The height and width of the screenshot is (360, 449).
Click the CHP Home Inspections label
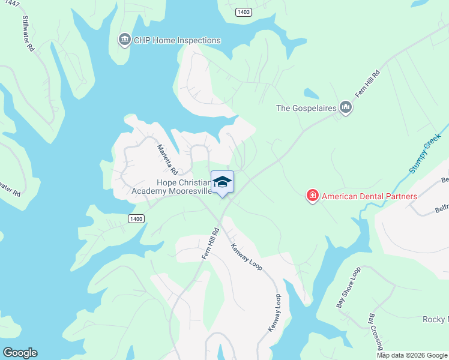[176, 40]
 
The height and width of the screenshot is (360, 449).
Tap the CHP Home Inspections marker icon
[124, 40]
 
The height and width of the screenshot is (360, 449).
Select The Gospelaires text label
[305, 109]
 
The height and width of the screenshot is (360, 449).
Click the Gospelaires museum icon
[345, 108]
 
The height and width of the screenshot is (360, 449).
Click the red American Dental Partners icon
[312, 196]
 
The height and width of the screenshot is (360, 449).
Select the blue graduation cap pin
[222, 182]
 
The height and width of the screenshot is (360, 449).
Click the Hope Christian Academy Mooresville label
[172, 187]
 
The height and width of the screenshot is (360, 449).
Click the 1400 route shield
[136, 219]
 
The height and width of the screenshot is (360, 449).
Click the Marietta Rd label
[164, 160]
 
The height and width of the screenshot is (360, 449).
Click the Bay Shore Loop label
[348, 287]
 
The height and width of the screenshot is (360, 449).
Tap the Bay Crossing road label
[376, 331]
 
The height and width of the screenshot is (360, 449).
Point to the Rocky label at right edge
[435, 319]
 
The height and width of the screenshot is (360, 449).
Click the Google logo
[19, 353]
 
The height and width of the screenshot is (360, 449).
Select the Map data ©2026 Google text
[412, 355]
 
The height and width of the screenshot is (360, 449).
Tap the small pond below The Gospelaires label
[312, 94]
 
